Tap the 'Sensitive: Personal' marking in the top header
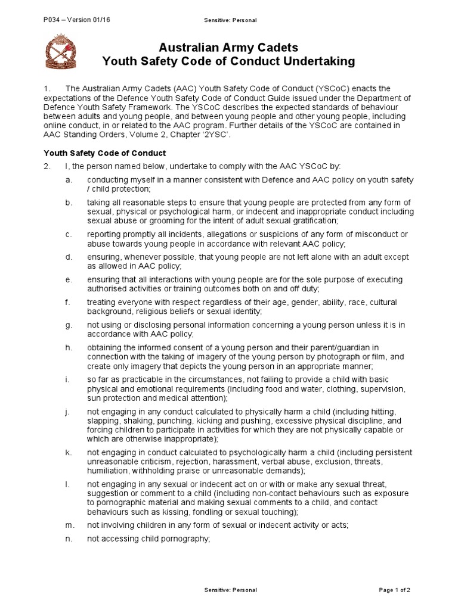coord(230,20)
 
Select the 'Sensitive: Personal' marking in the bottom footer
coord(230,590)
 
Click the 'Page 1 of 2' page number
coord(395,590)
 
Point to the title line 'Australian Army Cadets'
coord(228,48)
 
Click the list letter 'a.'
coord(69,180)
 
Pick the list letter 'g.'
coord(69,325)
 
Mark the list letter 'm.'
coord(70,524)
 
